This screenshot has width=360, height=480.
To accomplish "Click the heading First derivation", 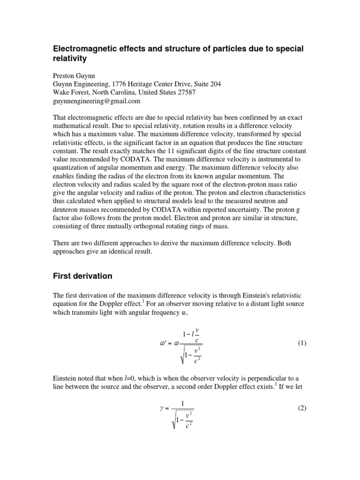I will [82, 276].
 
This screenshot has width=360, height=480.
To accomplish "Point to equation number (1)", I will [301, 343].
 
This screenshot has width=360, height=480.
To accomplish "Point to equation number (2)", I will [301, 408].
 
